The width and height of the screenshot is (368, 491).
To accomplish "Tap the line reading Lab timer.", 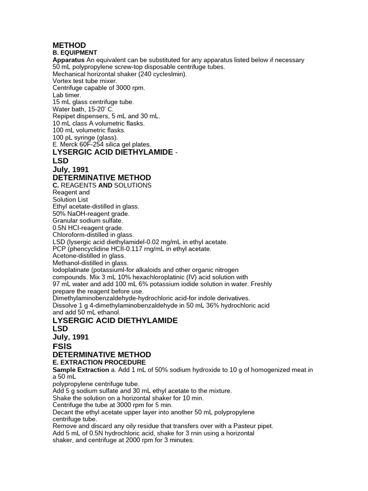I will [x=67, y=95].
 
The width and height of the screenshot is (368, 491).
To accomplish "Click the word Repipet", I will [x=64, y=116].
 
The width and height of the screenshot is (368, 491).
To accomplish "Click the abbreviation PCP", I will [x=59, y=249].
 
